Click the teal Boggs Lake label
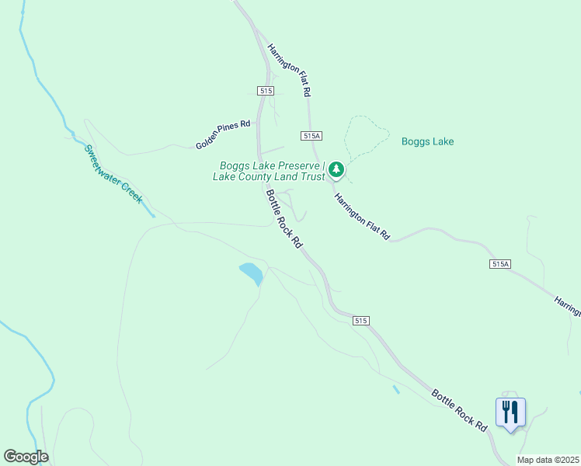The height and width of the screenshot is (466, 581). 427,141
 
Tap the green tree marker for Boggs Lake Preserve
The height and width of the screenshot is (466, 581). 336,169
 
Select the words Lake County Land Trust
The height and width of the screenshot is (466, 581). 269,176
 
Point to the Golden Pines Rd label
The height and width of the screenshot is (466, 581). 224,134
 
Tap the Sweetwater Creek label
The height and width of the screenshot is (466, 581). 113,174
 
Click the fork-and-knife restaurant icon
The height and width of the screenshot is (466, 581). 510,412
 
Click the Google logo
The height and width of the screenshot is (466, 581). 26,457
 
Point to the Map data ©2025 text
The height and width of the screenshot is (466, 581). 548,460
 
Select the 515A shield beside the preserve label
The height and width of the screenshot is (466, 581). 311,136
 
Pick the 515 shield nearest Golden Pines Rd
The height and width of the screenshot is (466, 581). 266,91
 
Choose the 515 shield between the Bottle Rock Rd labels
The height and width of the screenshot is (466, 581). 359,320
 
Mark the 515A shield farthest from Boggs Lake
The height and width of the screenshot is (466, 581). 500,264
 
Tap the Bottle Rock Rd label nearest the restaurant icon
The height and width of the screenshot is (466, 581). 459,410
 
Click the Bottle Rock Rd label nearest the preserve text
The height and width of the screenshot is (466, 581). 284,219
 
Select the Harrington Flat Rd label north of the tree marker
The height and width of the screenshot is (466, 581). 290,70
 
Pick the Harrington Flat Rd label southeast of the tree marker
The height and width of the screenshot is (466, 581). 361,216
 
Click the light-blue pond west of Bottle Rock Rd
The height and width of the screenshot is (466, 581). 250,273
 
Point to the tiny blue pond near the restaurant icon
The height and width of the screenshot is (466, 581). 396,389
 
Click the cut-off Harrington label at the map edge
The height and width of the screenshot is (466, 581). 566,305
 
